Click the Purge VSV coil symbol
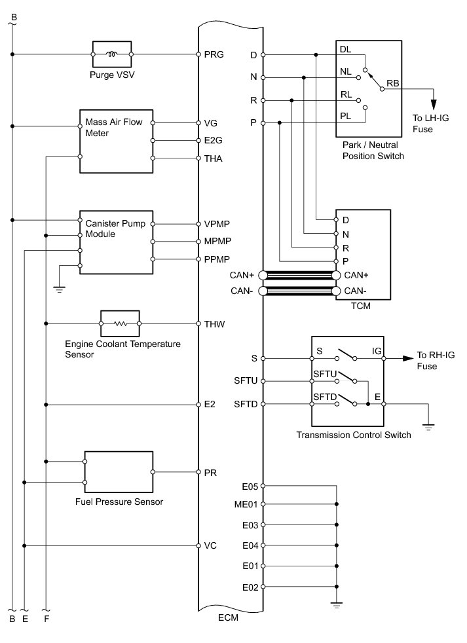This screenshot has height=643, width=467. (113, 54)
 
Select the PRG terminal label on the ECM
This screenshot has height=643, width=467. (214, 55)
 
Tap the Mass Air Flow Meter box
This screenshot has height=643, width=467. (116, 140)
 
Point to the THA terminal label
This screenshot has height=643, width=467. (214, 158)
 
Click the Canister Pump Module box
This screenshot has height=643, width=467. (116, 242)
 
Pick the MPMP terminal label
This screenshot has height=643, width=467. (217, 242)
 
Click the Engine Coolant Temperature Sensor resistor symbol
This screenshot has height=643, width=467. (119, 323)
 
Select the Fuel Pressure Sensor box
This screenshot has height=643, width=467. (119, 472)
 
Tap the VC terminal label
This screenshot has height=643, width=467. (210, 545)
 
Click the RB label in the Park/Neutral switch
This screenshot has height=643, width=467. (393, 83)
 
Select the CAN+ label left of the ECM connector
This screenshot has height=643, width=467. (243, 275)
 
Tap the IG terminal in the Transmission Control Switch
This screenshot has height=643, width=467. (377, 352)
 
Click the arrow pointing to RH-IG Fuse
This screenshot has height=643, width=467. (407, 358)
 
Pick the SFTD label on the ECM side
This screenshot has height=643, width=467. (246, 404)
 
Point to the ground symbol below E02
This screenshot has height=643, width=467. (337, 606)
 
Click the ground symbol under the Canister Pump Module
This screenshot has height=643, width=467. (58, 288)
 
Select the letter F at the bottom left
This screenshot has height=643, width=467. (46, 618)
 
